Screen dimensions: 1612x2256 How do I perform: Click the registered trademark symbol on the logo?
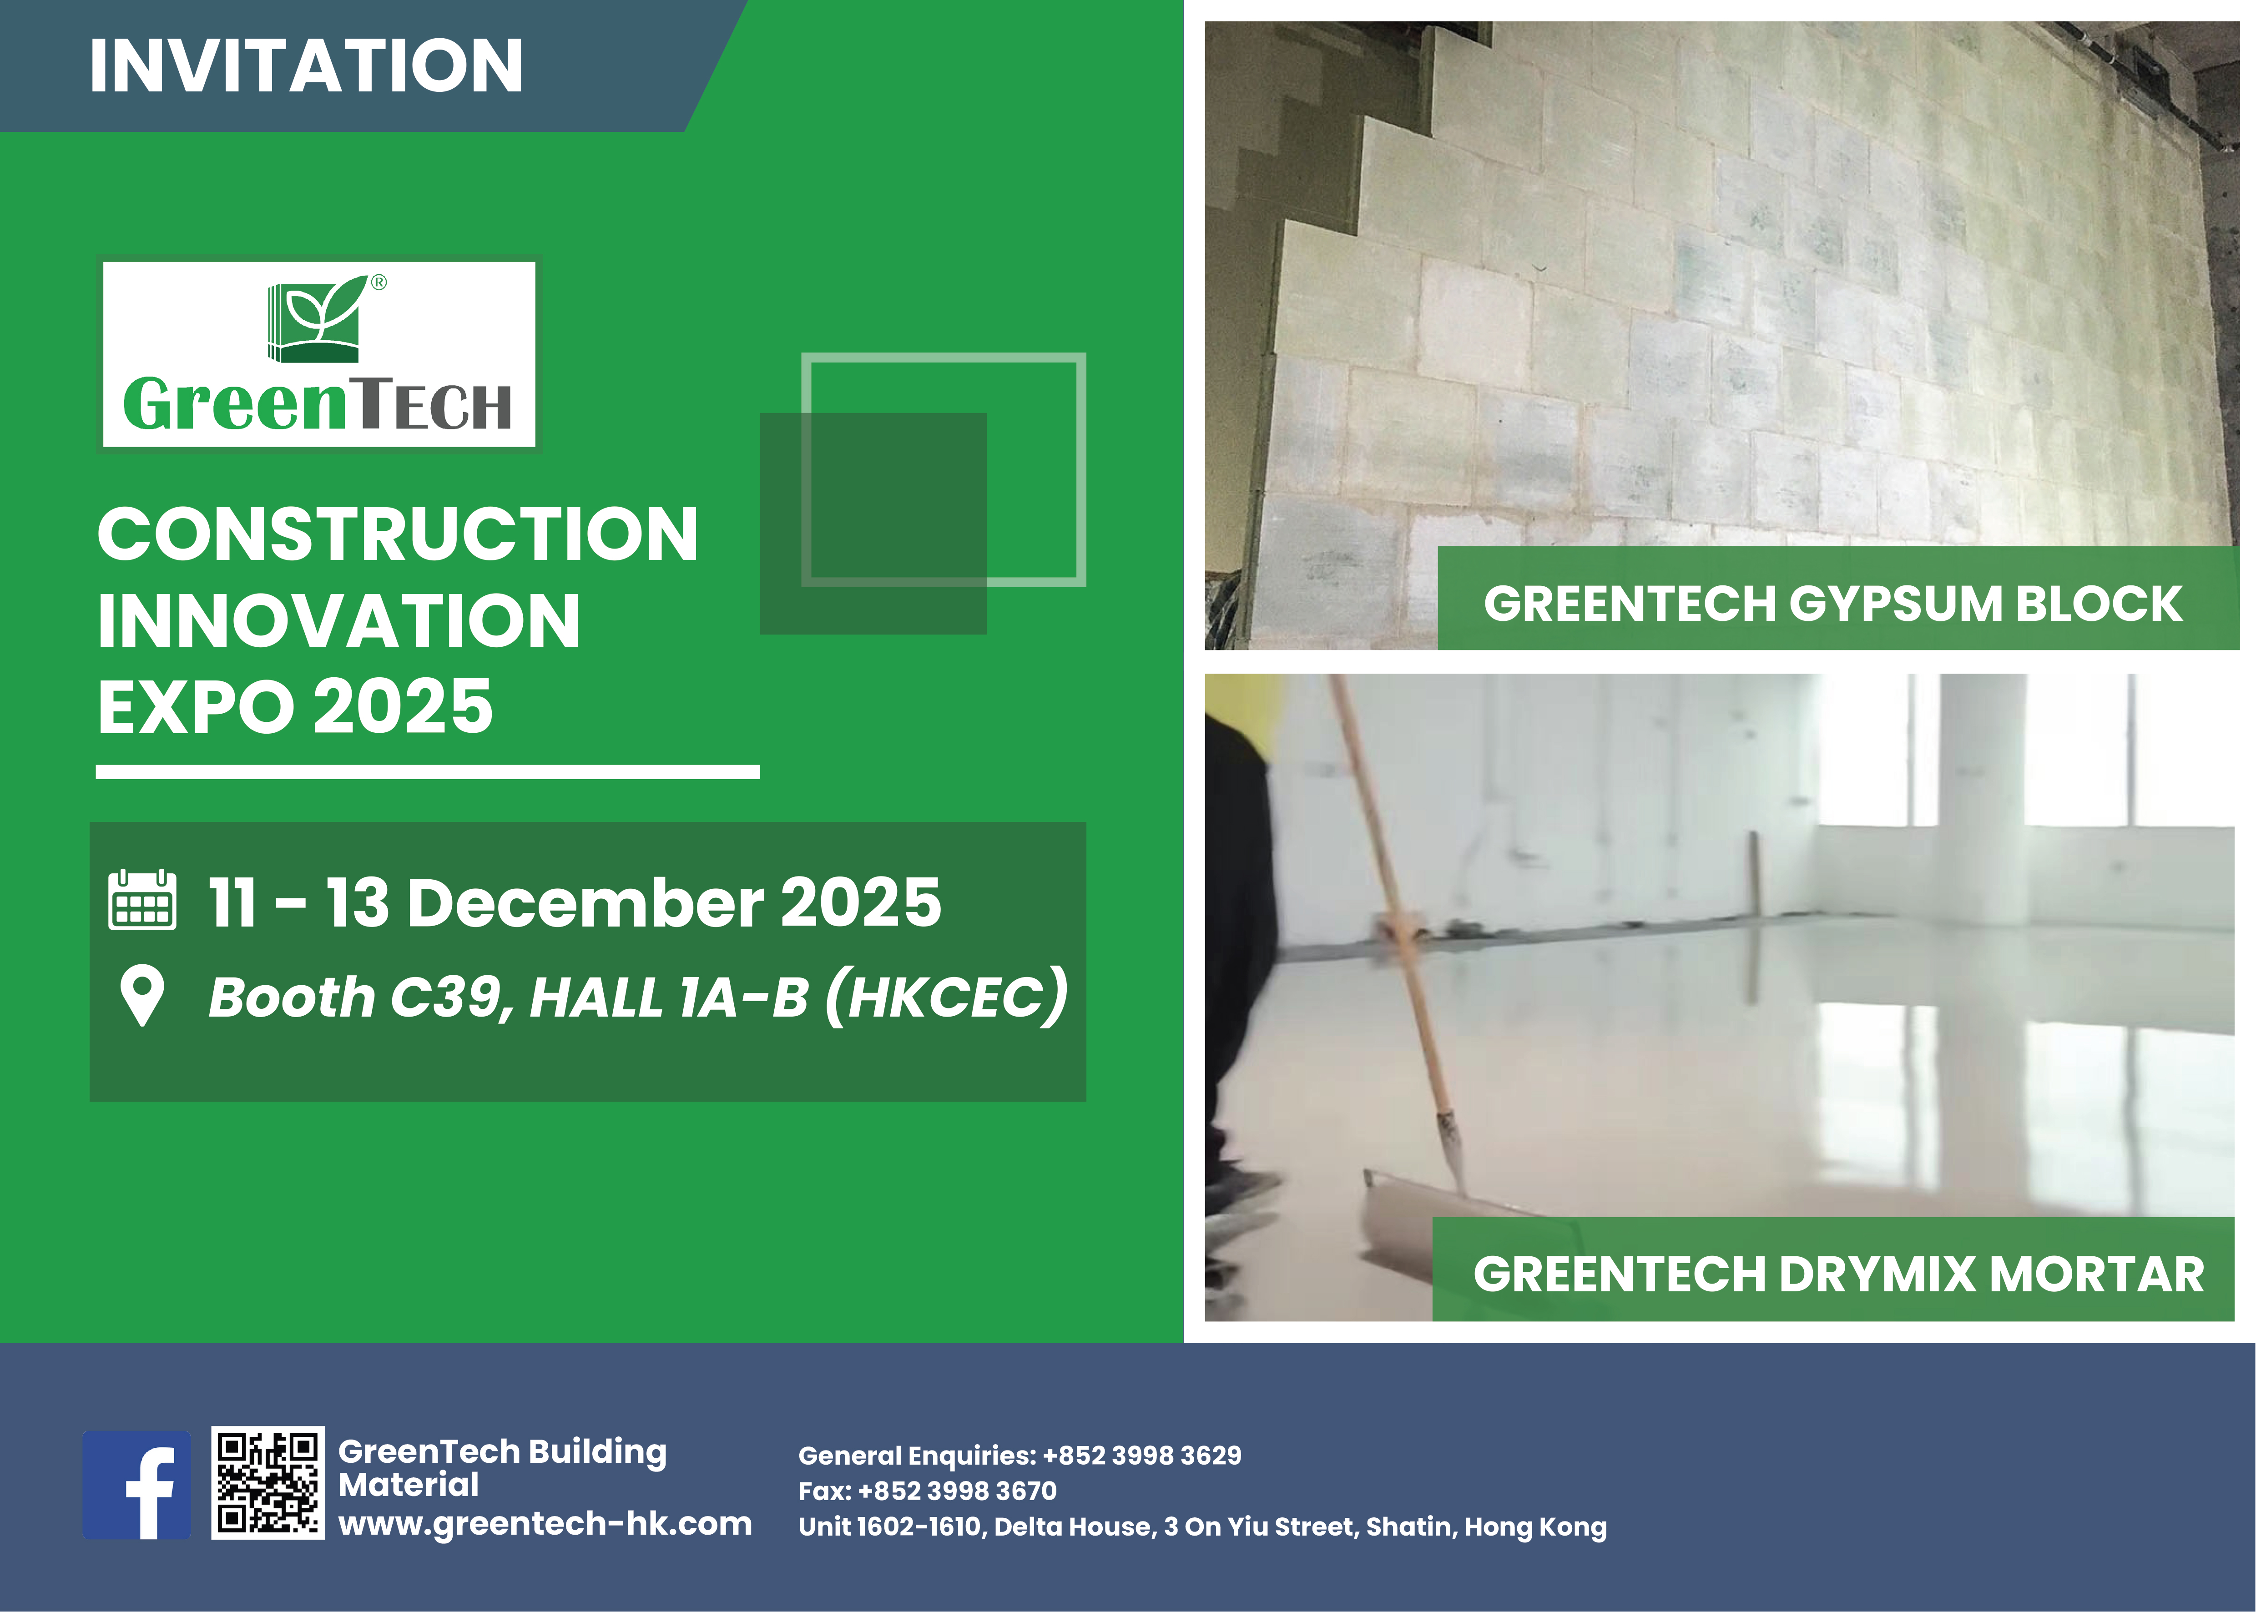[x=378, y=283]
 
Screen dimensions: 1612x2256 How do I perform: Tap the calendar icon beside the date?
[x=142, y=900]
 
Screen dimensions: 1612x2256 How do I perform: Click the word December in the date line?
[x=585, y=903]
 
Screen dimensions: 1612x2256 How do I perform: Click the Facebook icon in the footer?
[x=137, y=1485]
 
